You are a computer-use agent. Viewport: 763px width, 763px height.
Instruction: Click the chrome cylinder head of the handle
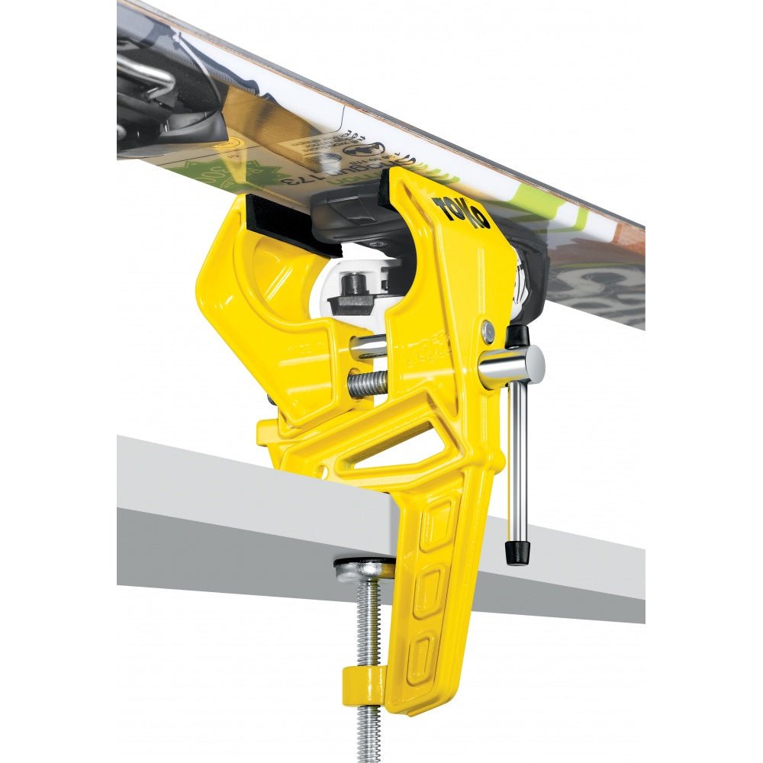(x=513, y=365)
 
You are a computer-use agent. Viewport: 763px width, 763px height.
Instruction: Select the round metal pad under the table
(x=364, y=568)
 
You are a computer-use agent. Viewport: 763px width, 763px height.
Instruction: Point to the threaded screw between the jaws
(x=368, y=384)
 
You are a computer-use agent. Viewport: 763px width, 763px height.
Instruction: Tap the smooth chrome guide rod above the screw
(x=369, y=347)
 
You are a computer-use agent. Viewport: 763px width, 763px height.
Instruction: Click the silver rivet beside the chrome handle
(x=488, y=330)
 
